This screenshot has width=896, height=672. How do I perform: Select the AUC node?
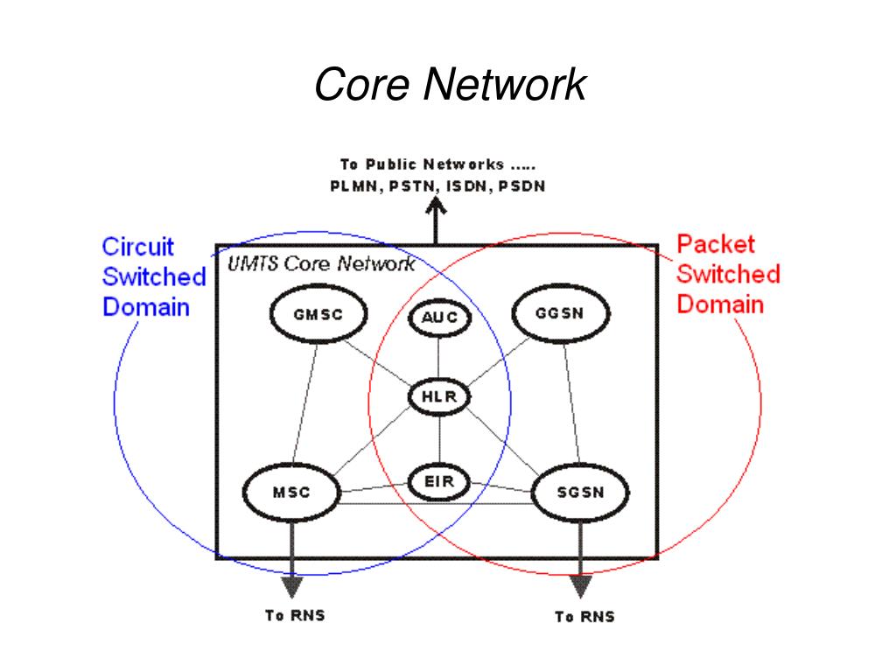(439, 318)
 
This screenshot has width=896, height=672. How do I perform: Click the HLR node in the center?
(440, 397)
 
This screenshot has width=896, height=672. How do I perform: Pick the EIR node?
(440, 481)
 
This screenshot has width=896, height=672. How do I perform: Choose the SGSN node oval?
(580, 492)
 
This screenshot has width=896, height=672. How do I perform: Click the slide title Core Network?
(449, 85)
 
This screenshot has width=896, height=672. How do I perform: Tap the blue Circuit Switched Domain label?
(154, 277)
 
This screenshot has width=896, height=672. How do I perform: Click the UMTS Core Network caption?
(321, 264)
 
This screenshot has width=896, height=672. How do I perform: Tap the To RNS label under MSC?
(295, 615)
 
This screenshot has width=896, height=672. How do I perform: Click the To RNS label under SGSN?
(584, 617)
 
